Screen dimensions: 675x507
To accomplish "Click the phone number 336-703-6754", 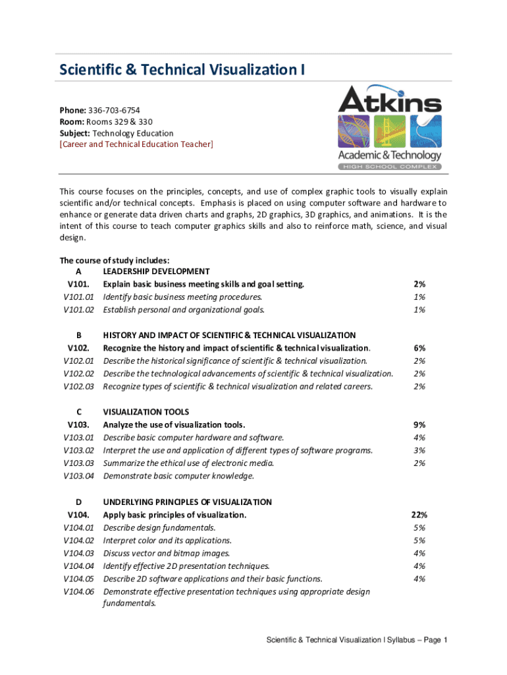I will click(x=113, y=110).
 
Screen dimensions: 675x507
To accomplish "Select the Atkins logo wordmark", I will click(x=390, y=100).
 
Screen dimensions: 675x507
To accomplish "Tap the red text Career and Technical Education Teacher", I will click(x=136, y=144).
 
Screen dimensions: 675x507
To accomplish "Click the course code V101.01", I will click(x=78, y=297).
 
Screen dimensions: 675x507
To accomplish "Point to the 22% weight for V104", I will click(x=419, y=514).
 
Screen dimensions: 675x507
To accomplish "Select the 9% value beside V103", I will click(x=419, y=425).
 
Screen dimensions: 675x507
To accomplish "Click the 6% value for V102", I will click(x=419, y=347).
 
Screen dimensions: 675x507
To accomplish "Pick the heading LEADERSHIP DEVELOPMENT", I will click(x=156, y=271).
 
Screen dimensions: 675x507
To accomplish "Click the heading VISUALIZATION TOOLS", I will click(x=146, y=412).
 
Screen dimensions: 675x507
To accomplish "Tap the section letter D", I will click(x=78, y=502).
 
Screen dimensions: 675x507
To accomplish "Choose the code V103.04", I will click(x=78, y=476).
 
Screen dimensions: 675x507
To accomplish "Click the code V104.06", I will click(x=78, y=591).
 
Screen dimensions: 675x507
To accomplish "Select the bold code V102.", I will click(x=78, y=347).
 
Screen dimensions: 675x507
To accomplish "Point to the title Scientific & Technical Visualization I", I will click(x=182, y=70).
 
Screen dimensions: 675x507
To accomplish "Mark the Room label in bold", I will click(x=71, y=121).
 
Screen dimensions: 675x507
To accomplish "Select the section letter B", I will click(x=78, y=335).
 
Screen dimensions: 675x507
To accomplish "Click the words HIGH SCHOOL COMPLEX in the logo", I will click(x=390, y=167).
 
